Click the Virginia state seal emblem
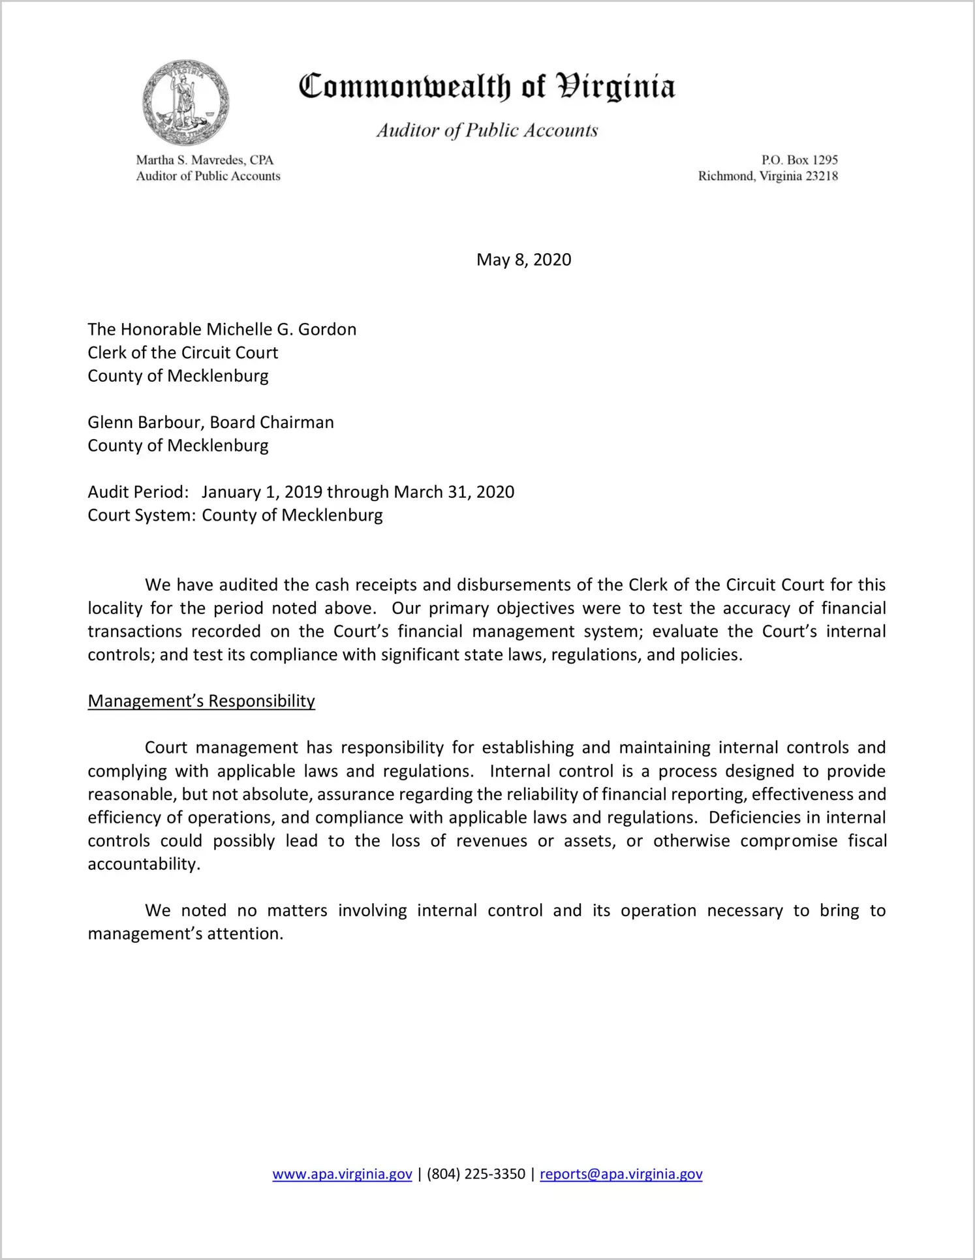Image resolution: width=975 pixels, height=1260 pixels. tap(185, 102)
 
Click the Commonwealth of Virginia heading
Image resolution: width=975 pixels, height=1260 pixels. tap(487, 87)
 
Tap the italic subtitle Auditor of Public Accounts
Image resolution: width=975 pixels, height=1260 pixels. tap(487, 131)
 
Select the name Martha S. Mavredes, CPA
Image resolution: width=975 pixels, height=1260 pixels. tap(204, 160)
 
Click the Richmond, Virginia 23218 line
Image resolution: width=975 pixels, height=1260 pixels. tap(767, 176)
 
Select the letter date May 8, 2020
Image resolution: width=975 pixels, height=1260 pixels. tap(523, 260)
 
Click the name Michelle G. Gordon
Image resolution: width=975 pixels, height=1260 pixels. tap(281, 329)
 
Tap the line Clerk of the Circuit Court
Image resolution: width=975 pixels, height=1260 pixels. tap(183, 352)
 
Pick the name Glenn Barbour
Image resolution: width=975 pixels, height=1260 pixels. tap(146, 422)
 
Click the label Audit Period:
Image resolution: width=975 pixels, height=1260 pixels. tap(138, 492)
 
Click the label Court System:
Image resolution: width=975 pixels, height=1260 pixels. tap(142, 515)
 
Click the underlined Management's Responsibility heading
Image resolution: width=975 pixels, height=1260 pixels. tap(201, 701)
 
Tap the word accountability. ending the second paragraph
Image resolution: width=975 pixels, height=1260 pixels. tap(144, 864)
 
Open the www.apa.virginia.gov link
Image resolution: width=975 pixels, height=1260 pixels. tap(342, 1175)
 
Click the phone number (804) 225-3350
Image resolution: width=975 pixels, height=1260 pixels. tap(476, 1175)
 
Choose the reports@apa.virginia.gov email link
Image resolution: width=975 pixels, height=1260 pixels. tap(621, 1175)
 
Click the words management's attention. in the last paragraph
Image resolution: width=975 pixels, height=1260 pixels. tap(185, 934)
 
